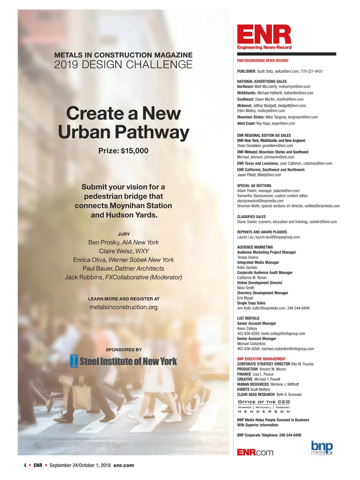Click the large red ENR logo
(x=264, y=35)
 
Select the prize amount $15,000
(x=134, y=151)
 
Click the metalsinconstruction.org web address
(x=123, y=307)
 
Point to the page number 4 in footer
(x=25, y=465)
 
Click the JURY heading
(x=124, y=234)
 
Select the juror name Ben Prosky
(x=104, y=242)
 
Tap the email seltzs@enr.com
(x=286, y=71)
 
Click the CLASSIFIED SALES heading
(x=251, y=217)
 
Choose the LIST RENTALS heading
(x=248, y=318)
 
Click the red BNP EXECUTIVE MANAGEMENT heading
(x=261, y=359)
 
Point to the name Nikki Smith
(x=246, y=288)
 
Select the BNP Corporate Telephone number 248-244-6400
(x=290, y=435)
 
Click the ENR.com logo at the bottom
(x=255, y=452)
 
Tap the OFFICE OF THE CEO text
(x=264, y=402)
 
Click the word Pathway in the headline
(x=152, y=132)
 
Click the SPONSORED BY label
(x=124, y=350)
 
